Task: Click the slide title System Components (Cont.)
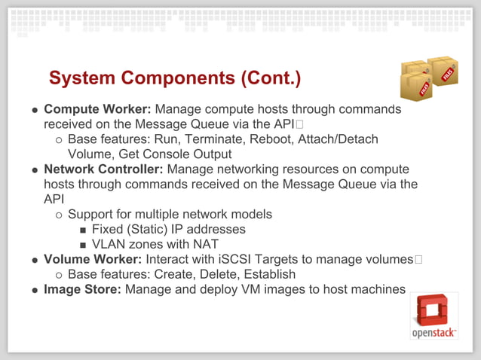click(x=175, y=78)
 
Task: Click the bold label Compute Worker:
click(x=97, y=109)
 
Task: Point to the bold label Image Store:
click(x=82, y=289)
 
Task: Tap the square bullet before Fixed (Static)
click(x=83, y=230)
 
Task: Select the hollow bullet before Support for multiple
click(x=59, y=215)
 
